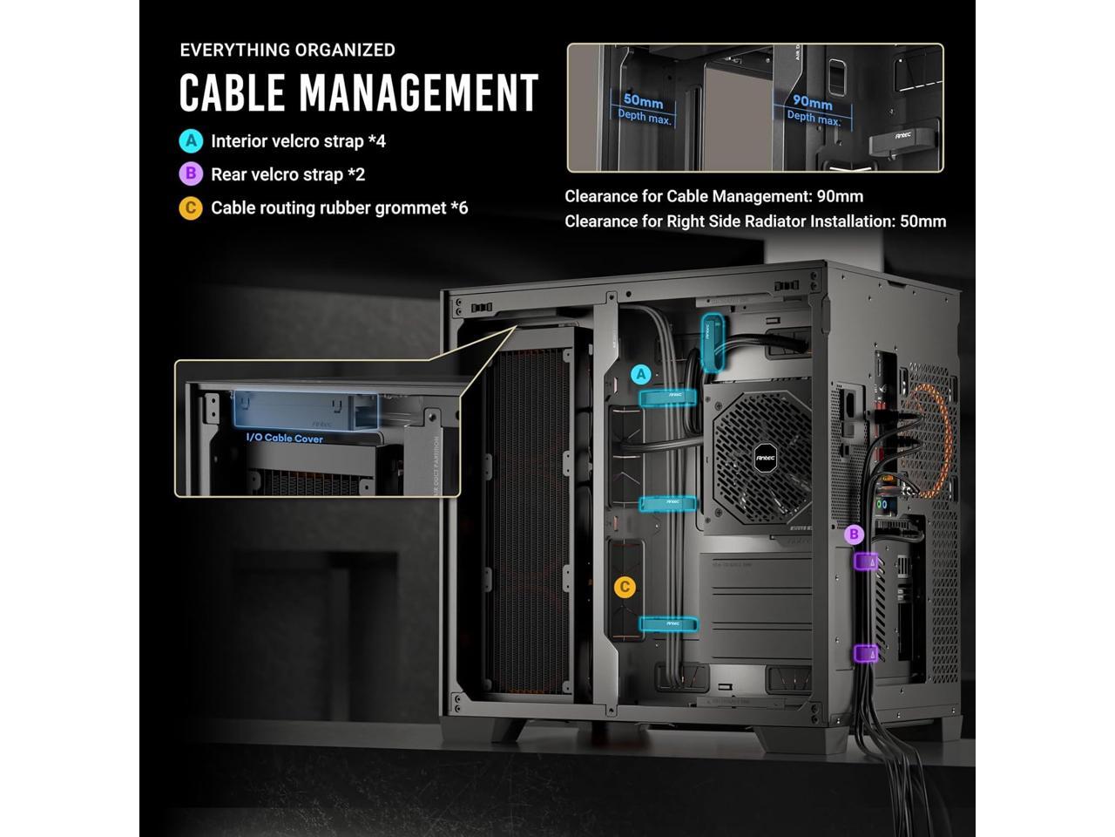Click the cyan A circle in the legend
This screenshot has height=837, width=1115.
190,141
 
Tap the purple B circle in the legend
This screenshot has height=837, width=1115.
190,174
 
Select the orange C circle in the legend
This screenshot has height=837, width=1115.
190,208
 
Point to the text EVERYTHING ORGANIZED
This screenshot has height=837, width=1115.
287,50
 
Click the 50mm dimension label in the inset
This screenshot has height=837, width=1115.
644,102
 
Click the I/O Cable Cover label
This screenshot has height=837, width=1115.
284,438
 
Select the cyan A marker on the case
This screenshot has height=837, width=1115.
641,375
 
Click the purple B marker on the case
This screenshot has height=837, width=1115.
855,534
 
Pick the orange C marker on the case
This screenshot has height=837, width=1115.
624,587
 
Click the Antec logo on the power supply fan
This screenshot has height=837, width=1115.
761,455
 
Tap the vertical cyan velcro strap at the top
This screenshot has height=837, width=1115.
713,342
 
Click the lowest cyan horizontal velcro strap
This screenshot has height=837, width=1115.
669,623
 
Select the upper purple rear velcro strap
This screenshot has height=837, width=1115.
867,561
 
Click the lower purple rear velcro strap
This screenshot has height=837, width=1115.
866,652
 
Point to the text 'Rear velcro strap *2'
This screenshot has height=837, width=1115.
288,174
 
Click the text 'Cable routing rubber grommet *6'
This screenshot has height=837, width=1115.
340,208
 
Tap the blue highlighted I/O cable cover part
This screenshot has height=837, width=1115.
305,408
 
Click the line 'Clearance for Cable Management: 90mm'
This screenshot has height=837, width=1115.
714,196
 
